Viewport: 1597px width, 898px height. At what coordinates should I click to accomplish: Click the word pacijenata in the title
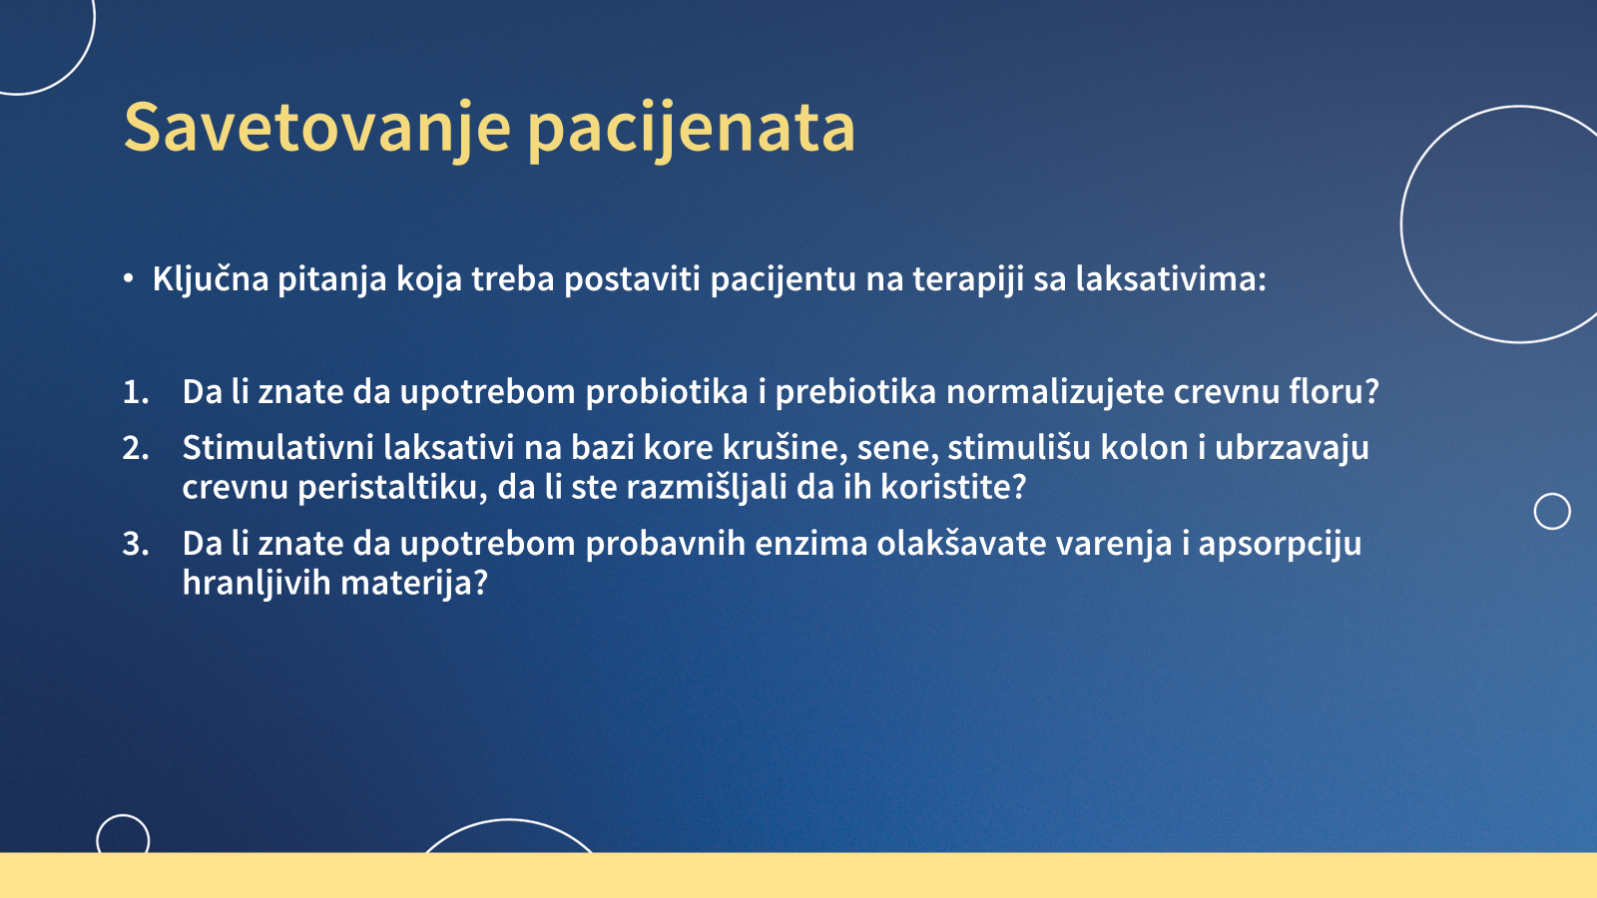[691, 130]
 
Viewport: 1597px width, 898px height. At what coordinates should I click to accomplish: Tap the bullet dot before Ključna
[128, 278]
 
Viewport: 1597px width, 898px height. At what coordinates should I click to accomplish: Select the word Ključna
[211, 279]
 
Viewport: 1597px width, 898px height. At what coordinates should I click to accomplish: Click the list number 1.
[136, 392]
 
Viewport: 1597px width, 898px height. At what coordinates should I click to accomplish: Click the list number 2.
[136, 448]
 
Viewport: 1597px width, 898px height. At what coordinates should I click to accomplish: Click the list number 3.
[136, 544]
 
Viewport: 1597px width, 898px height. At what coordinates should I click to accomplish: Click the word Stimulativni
[278, 448]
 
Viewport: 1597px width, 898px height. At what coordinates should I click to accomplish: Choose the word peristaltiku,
[392, 488]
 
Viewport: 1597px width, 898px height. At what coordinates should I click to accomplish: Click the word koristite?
[953, 488]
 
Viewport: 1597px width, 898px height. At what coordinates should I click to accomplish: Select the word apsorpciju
[1280, 545]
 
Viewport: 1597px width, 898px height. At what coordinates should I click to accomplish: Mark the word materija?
[414, 584]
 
